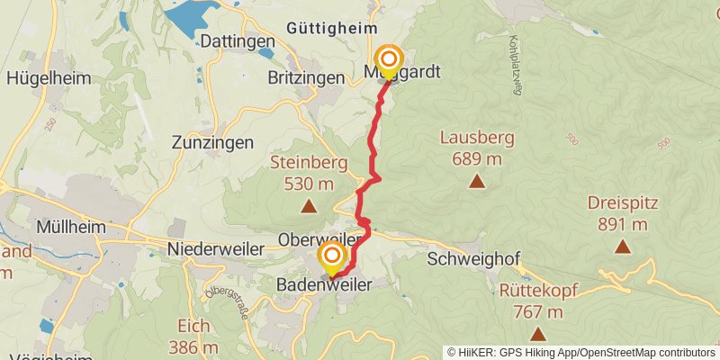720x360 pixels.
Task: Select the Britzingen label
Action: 307,78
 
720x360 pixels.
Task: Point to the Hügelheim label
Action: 49,77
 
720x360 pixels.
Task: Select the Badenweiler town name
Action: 323,284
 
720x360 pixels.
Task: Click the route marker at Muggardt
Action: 390,60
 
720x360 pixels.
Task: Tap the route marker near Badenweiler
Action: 332,256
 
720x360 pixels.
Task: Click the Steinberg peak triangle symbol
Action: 309,206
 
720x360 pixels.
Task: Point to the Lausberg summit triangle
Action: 476,181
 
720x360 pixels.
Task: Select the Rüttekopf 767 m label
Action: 538,301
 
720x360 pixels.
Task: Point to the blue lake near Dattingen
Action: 191,15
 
